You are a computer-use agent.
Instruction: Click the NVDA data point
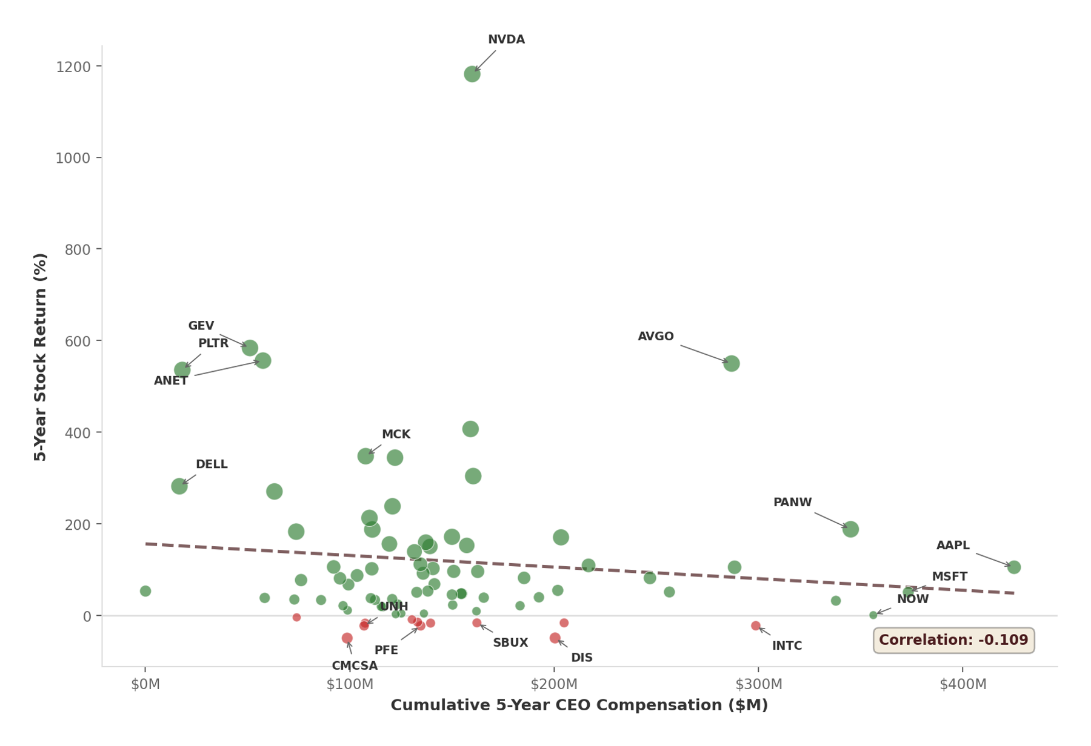tap(472, 74)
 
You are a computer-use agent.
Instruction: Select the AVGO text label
tap(655, 337)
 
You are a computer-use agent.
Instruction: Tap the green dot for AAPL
tap(1013, 567)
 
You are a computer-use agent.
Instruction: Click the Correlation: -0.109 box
tap(953, 640)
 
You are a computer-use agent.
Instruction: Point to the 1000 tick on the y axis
tap(73, 158)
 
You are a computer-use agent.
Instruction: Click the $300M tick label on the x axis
tap(758, 684)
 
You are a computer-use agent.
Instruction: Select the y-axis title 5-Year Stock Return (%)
tap(40, 357)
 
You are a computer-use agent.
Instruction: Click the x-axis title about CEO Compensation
tap(579, 705)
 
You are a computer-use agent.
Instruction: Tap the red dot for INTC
tap(755, 626)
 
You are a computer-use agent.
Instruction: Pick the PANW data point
tap(850, 529)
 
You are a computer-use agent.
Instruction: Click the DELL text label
tap(212, 464)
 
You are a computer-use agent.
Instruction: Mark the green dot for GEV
tap(249, 348)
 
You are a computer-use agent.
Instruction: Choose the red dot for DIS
tap(555, 638)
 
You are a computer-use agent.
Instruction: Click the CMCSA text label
tap(355, 666)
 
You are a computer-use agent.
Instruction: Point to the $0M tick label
tap(145, 684)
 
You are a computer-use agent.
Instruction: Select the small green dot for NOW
tap(873, 615)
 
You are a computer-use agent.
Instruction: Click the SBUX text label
tap(510, 643)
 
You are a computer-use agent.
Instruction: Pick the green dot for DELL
tap(179, 486)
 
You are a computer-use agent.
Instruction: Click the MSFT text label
tap(949, 577)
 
